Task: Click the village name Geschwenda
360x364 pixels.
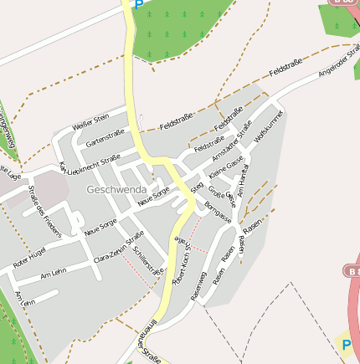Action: click(116, 190)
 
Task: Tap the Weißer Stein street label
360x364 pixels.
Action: click(91, 122)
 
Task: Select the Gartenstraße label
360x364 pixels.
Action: click(105, 138)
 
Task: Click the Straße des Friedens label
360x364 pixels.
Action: click(45, 212)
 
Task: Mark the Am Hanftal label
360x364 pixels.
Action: click(243, 181)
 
